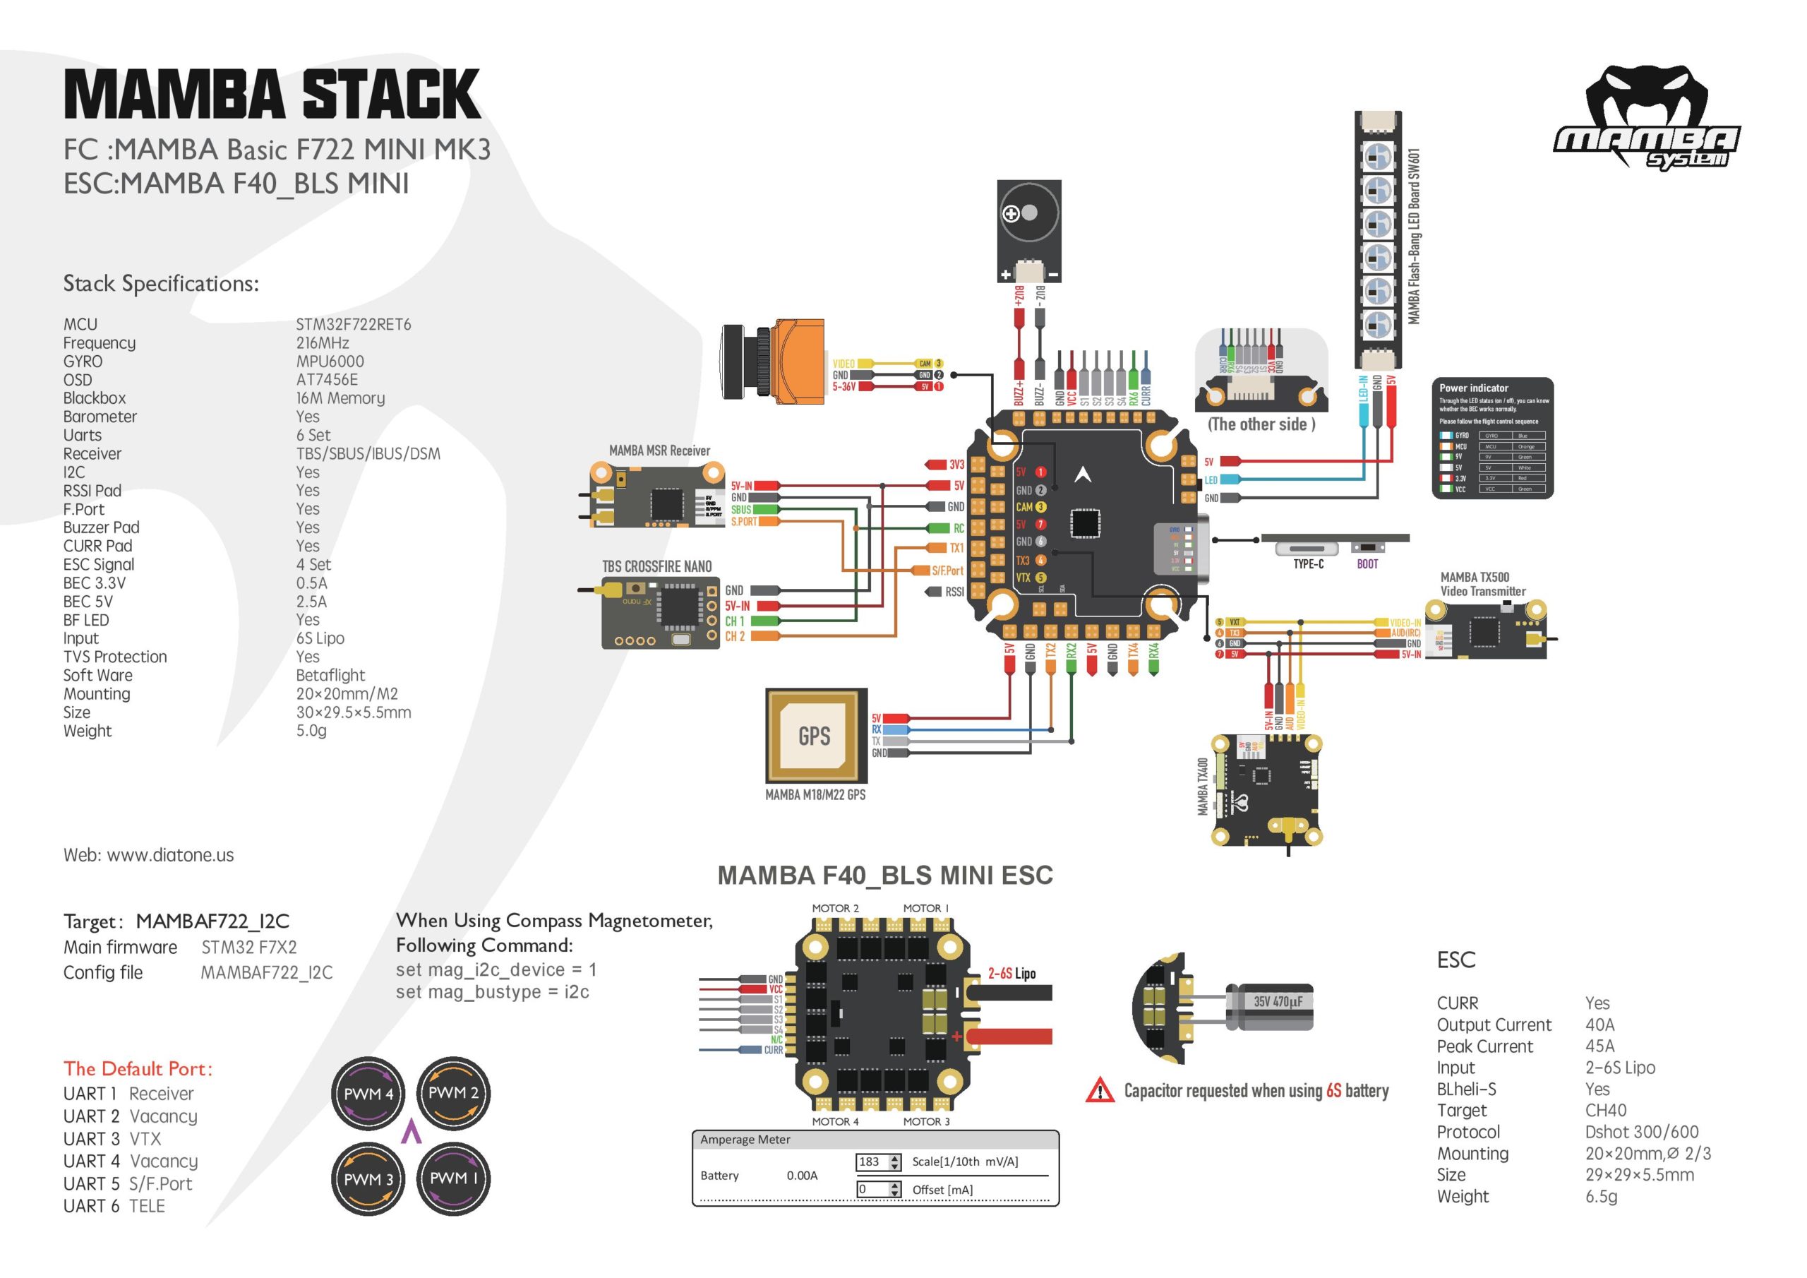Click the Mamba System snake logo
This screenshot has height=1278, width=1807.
point(1647,117)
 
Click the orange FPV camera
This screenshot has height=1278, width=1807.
point(775,362)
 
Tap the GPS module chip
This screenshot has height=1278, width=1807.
point(815,736)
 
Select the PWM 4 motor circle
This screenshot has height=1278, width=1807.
point(368,1093)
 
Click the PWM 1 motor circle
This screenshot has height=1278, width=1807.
point(452,1178)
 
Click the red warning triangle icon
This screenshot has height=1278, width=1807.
point(1100,1091)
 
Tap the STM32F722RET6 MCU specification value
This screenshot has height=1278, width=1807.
point(354,324)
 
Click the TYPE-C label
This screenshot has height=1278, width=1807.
point(1308,563)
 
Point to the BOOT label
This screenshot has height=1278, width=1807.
point(1367,563)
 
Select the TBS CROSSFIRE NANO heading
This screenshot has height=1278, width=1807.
point(656,566)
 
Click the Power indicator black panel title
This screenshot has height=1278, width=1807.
point(1473,388)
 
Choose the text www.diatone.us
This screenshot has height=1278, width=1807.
point(170,855)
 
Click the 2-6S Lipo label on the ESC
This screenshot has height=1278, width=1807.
point(1011,973)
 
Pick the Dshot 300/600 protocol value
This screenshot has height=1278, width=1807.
point(1641,1132)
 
